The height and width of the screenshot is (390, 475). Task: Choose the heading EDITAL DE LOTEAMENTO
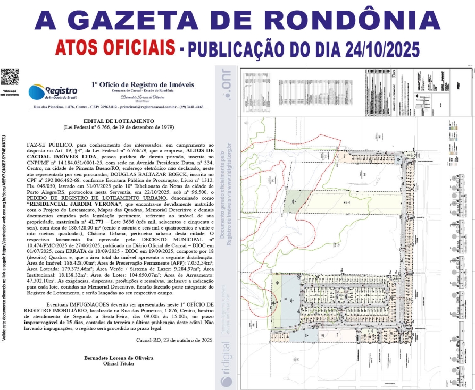click(119, 121)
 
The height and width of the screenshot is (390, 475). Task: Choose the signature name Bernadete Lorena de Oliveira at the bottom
click(119, 358)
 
